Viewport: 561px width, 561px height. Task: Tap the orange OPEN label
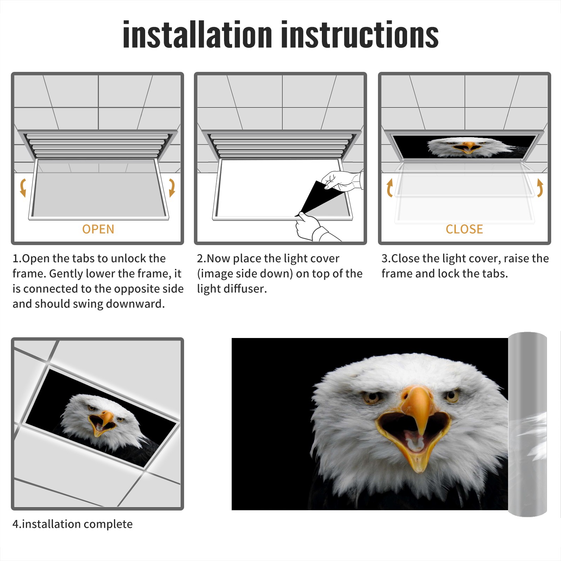[98, 229]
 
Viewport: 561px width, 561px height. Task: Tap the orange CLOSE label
[464, 229]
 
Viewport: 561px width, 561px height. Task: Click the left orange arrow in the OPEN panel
[23, 188]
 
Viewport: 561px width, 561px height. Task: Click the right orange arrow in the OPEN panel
[172, 188]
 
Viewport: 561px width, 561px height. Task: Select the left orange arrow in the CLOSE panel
[390, 188]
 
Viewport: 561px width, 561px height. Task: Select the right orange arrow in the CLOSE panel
[540, 188]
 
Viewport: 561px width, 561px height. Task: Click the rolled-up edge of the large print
[527, 424]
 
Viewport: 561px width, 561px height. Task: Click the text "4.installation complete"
[73, 524]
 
